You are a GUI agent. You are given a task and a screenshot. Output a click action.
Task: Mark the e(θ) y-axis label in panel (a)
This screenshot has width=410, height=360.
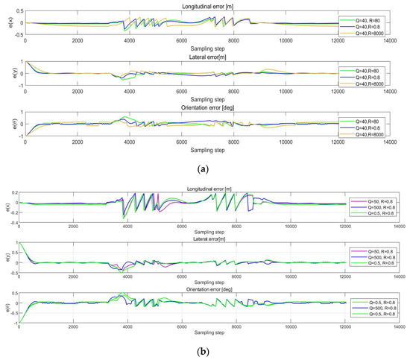tap(5, 123)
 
